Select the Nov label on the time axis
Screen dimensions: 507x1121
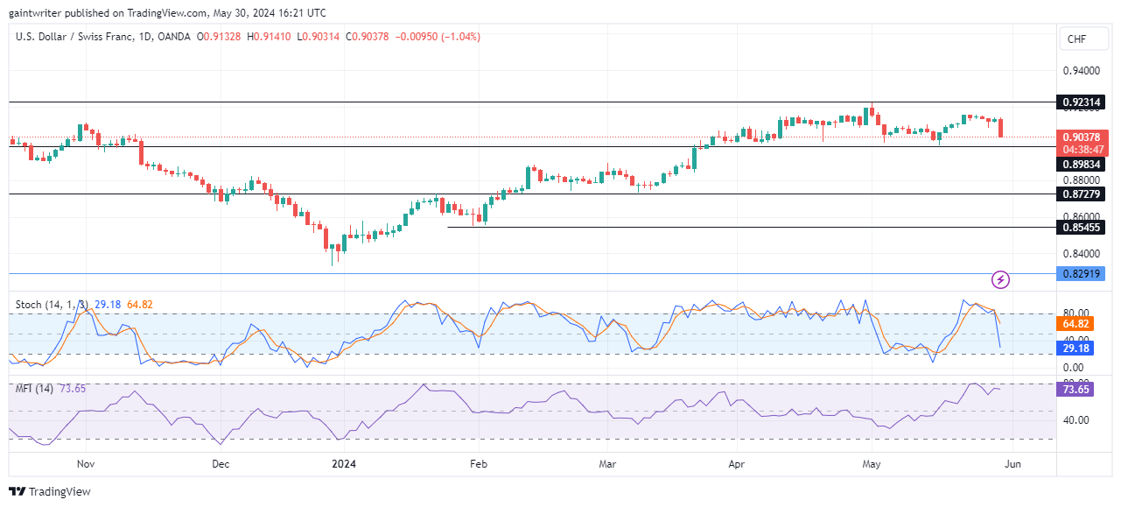point(85,464)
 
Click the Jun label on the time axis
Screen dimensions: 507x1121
point(1007,464)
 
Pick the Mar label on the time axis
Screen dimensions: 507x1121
point(606,464)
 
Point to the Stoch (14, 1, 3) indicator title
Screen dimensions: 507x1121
point(52,305)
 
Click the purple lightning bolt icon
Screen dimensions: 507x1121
point(1001,280)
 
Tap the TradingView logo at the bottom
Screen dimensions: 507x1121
point(50,491)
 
